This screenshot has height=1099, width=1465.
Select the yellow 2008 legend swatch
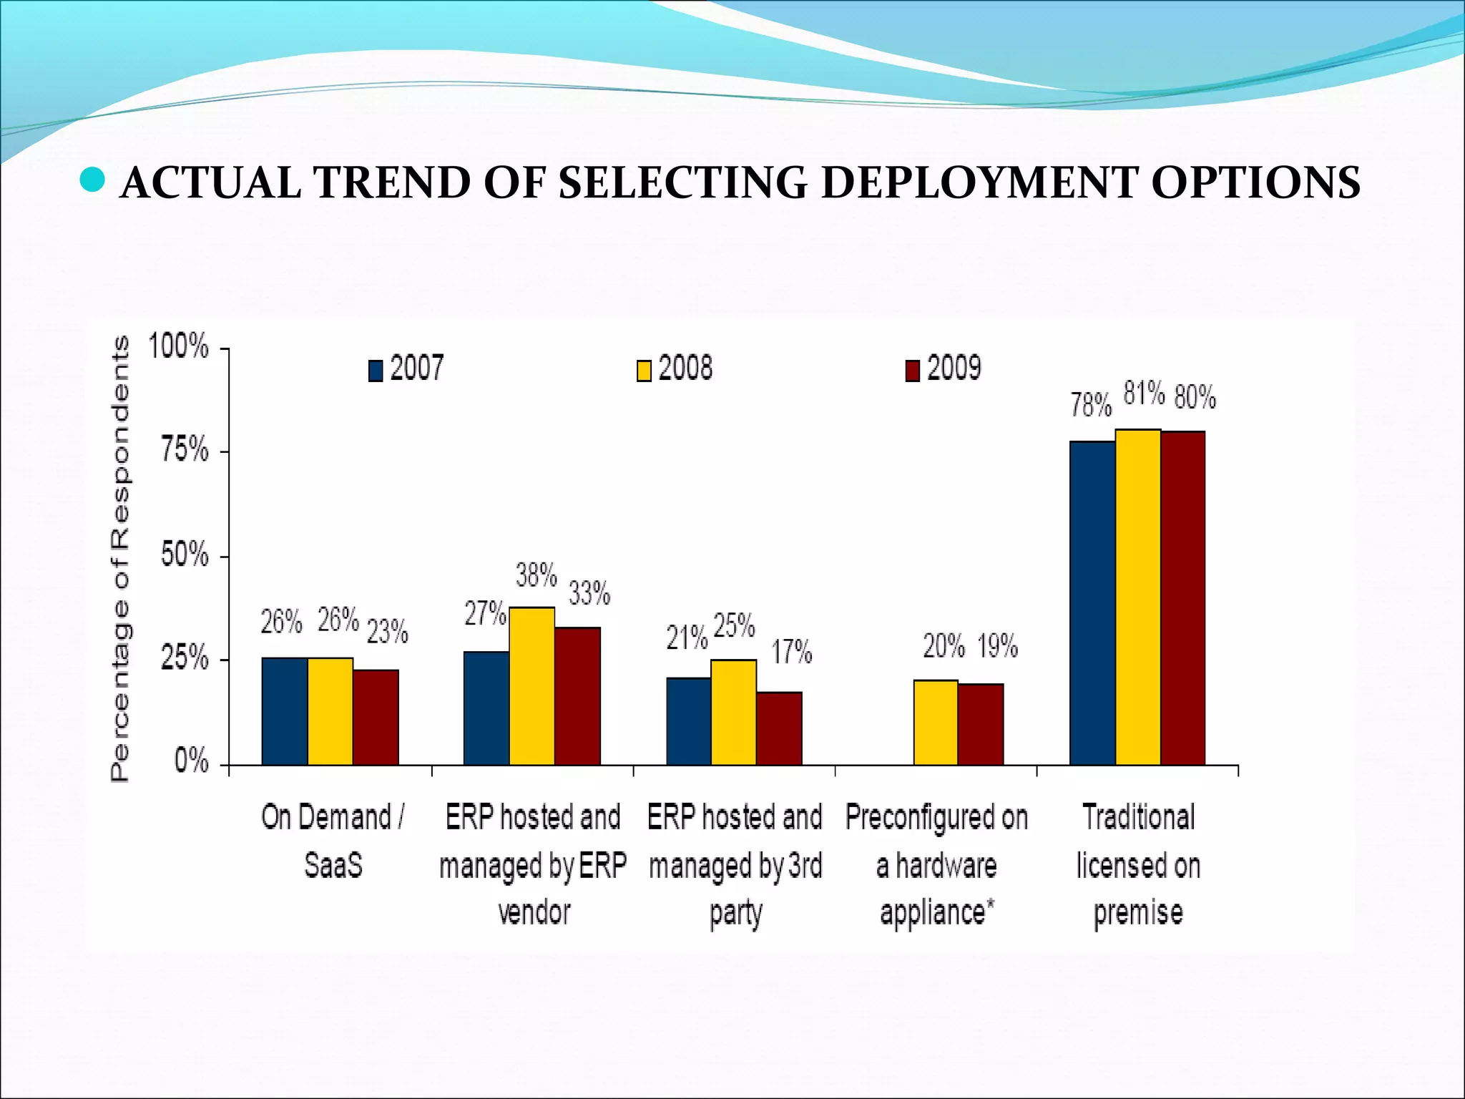[x=644, y=371]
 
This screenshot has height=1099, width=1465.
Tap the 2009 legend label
[x=954, y=368]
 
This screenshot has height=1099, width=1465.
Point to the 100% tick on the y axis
[x=178, y=347]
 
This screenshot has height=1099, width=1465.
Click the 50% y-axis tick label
[x=185, y=555]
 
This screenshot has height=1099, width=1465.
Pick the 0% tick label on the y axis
[x=192, y=762]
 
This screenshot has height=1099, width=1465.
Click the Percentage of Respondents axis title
[x=121, y=559]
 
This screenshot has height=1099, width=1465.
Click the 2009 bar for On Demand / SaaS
[x=376, y=717]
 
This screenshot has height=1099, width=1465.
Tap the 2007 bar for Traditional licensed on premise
[x=1092, y=602]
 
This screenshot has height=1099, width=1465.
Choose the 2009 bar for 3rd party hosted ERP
[x=779, y=728]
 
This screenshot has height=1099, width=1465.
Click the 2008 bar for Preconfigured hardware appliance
[x=936, y=722]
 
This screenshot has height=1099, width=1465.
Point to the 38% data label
[x=536, y=575]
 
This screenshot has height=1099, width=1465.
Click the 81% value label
[x=1144, y=394]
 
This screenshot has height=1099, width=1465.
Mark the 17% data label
[x=791, y=653]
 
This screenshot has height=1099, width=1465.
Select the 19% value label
[x=997, y=647]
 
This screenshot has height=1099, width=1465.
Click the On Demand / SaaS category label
[x=333, y=841]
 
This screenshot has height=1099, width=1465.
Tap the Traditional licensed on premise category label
[x=1138, y=864]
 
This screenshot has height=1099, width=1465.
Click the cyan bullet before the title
[x=92, y=180]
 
